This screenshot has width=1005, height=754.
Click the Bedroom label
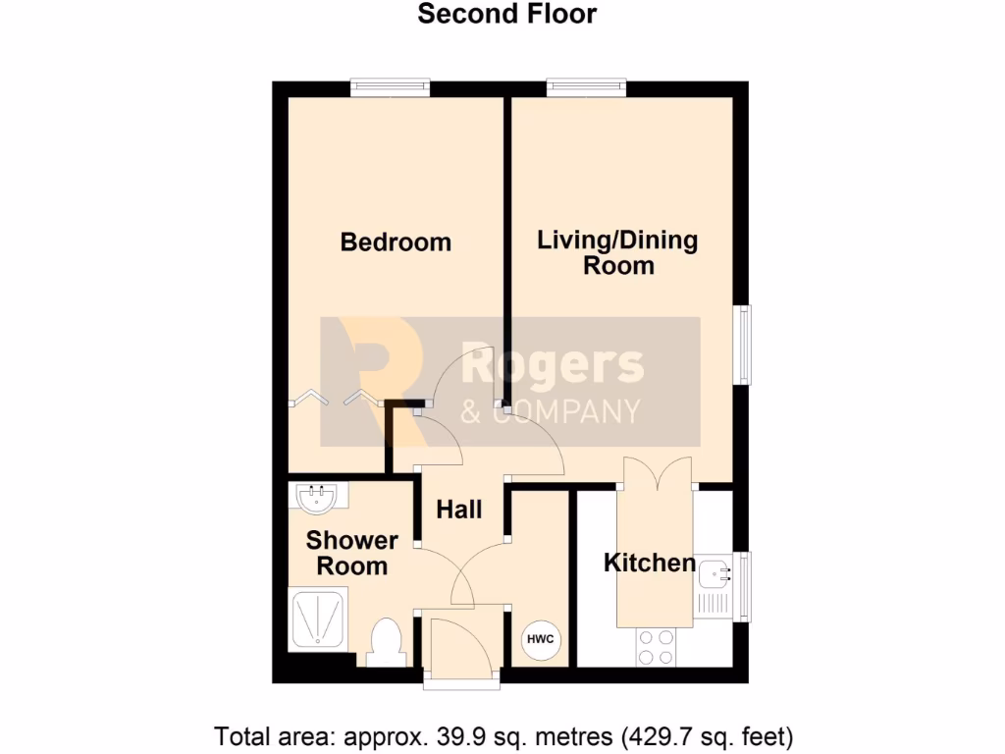[396, 242]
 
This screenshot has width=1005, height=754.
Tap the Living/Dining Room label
[617, 252]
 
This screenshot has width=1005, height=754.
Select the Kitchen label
[649, 563]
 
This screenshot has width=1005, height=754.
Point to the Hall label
[459, 510]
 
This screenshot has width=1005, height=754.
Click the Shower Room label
[351, 553]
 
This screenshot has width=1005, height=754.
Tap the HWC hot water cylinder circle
[541, 640]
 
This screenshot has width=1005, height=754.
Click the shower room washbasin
[316, 499]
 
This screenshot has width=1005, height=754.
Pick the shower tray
[317, 619]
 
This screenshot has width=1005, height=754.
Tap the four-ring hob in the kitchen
[657, 646]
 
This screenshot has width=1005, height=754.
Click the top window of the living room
[587, 88]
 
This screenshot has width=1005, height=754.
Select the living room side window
[745, 345]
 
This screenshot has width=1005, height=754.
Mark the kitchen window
[745, 586]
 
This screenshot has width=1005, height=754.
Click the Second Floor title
[506, 14]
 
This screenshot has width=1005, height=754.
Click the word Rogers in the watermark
[552, 365]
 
